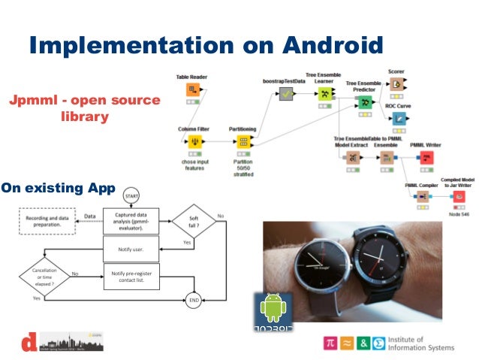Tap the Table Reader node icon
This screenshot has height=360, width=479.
coord(191,90)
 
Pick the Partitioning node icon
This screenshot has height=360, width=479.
coord(243,142)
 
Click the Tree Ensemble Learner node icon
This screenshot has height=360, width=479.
coord(324,94)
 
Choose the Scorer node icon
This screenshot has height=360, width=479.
coord(396,84)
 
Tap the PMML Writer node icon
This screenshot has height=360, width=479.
coord(426,157)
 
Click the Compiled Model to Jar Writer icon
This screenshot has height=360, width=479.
coord(457,196)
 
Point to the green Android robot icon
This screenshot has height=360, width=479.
coord(272,309)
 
